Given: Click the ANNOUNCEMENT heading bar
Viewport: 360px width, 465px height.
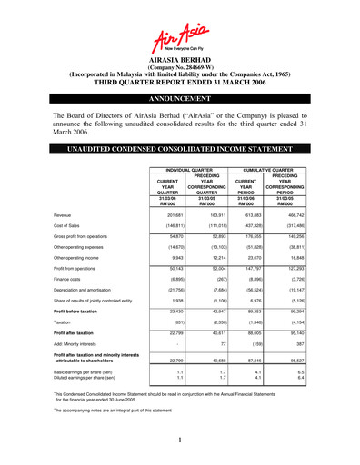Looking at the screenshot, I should [x=180, y=94].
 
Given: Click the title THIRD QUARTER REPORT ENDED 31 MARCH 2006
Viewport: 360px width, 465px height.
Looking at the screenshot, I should [x=180, y=80].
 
